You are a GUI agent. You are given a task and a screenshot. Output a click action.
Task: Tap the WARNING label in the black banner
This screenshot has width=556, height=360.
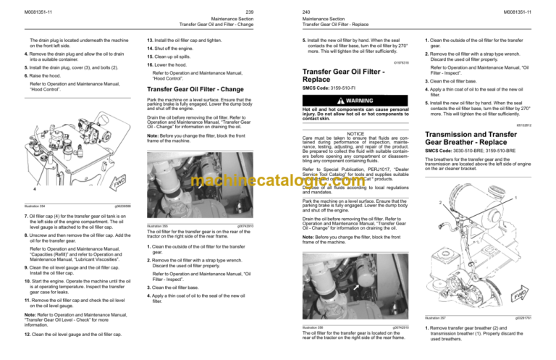[x=358, y=100]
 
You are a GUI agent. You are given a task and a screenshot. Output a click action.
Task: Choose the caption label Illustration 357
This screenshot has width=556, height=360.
[x=433, y=338]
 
